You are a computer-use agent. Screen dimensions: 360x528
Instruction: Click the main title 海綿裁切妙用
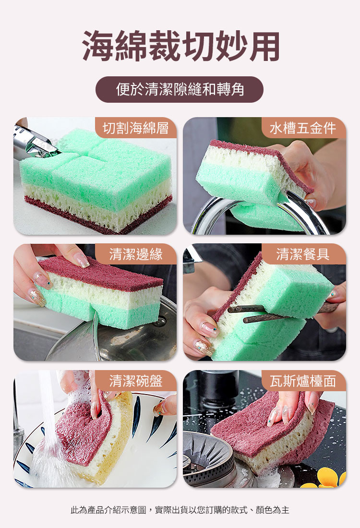coord(181,46)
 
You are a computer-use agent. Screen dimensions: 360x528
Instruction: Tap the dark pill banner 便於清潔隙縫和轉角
coord(180,90)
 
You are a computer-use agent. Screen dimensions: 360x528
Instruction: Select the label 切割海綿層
coord(136,128)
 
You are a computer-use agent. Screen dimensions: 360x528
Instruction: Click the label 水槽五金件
coord(303,128)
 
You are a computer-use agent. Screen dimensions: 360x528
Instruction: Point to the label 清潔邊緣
coord(136,254)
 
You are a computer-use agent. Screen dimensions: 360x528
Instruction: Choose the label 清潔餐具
coord(303,254)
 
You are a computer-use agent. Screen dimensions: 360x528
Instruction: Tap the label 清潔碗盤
coord(136,381)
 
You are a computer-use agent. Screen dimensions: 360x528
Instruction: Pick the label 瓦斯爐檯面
coord(303,381)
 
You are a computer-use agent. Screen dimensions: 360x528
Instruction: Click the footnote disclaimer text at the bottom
coord(180,510)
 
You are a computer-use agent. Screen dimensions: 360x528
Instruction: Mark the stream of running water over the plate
coord(47,424)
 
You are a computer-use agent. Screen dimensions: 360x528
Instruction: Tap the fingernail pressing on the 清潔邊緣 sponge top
coord(81,260)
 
